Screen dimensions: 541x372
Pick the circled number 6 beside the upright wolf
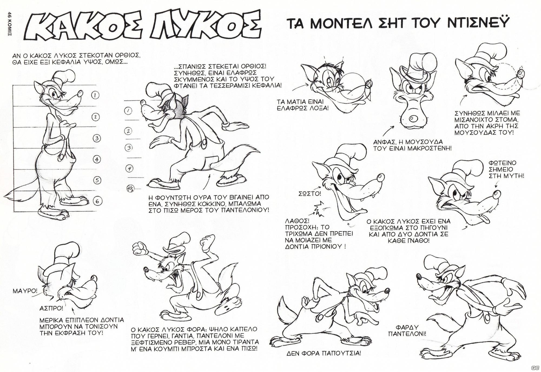click(97, 201)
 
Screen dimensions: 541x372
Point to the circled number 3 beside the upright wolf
click(97, 138)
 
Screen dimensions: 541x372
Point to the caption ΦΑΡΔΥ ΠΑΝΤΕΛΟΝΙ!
click(407, 331)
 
